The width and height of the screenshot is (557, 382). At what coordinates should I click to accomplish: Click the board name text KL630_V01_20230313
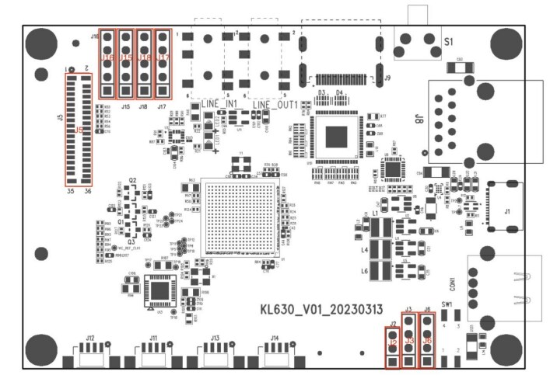(x=321, y=309)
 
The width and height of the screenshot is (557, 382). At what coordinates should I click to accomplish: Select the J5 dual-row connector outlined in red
(x=78, y=130)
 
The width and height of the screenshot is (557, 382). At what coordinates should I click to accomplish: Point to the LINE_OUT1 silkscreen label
(x=275, y=104)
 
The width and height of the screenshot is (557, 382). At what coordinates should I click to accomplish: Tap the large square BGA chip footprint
(x=240, y=217)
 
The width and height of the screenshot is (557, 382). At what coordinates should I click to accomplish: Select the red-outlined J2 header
(x=394, y=348)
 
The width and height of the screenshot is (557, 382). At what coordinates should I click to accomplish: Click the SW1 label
(x=447, y=304)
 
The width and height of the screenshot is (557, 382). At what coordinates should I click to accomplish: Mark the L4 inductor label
(x=364, y=250)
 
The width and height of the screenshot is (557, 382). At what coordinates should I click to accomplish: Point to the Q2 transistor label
(x=132, y=180)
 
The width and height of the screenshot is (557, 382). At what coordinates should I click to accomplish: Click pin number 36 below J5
(x=87, y=191)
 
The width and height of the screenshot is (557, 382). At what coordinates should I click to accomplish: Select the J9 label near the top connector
(x=387, y=78)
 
